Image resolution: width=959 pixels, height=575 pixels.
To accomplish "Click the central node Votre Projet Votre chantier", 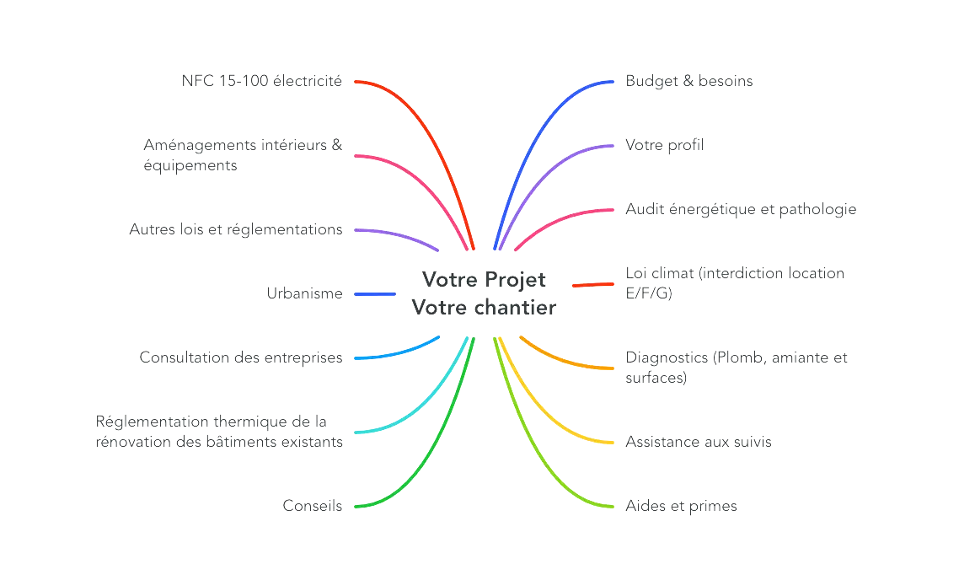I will (484, 293).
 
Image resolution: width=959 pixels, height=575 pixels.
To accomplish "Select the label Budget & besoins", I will (689, 82).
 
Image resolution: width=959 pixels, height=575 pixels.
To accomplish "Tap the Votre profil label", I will (666, 146).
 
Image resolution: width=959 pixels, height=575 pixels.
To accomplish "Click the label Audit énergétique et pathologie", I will (741, 209).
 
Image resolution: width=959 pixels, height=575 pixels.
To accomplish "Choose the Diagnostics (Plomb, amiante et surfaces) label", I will (737, 368).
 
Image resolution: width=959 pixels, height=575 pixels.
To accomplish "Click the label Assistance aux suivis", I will (699, 442).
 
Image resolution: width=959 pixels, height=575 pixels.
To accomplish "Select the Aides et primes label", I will (683, 506).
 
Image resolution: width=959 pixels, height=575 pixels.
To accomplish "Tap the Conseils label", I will (313, 506).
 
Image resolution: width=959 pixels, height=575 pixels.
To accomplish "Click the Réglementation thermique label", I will (219, 432).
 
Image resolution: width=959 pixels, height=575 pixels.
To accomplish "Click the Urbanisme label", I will (303, 294).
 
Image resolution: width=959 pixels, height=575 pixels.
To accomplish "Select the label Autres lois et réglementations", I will (236, 229).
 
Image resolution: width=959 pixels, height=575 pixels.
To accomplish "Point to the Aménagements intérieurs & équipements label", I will (243, 156).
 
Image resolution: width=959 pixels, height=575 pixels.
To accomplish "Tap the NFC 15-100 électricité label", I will (262, 82).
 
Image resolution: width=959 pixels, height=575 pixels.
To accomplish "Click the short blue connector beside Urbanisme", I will (375, 294).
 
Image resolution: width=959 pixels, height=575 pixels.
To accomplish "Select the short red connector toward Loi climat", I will (593, 285).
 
